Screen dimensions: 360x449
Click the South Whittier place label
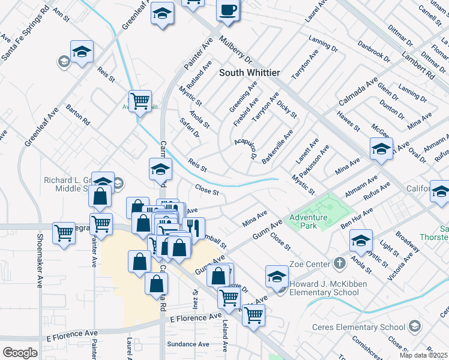click(x=249, y=73)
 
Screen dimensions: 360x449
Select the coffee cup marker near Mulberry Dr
click(x=228, y=11)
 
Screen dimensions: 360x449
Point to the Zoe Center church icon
click(x=339, y=263)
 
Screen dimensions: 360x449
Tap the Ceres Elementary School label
click(x=359, y=327)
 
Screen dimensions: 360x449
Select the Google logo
click(x=20, y=352)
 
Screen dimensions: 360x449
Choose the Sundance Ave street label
click(x=188, y=344)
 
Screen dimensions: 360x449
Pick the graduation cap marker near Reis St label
click(x=160, y=170)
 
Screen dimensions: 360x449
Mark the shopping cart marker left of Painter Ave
click(x=64, y=233)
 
